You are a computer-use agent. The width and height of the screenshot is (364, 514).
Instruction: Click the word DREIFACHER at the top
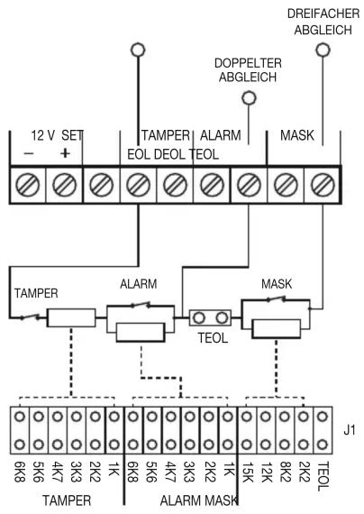[x=323, y=14]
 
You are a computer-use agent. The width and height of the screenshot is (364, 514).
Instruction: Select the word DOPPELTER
[x=248, y=63]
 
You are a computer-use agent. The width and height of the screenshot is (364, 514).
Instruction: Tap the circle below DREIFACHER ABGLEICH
[x=323, y=50]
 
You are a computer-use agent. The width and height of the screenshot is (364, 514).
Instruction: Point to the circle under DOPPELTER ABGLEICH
[x=249, y=98]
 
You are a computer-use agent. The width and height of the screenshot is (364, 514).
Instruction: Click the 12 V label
[x=43, y=135]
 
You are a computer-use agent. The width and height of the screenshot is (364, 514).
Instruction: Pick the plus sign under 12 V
[x=66, y=152]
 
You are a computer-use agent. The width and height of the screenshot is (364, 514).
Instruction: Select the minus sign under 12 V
[x=29, y=153]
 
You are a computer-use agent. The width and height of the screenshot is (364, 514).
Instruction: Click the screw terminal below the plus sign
[x=65, y=185]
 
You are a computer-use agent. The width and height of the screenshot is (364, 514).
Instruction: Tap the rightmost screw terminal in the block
[x=323, y=185]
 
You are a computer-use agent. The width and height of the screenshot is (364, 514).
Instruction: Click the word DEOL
[x=169, y=154]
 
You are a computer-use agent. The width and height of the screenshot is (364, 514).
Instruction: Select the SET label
[x=72, y=135]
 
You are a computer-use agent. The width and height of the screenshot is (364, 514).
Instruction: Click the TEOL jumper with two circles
[x=210, y=317]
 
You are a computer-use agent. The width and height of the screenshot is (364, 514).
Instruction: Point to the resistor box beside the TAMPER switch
[x=71, y=317]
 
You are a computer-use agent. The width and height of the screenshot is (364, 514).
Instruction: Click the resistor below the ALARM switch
[x=141, y=332]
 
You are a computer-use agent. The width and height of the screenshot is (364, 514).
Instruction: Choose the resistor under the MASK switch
[x=277, y=329]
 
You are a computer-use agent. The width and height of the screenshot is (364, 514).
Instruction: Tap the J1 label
[x=350, y=430]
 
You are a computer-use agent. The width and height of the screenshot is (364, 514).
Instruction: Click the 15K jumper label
[x=247, y=472]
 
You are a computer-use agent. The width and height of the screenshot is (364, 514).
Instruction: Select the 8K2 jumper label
[x=285, y=472]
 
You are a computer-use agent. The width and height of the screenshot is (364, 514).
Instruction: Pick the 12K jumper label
[x=266, y=472]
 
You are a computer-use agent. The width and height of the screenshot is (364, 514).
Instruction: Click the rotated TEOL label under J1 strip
[x=323, y=476]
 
